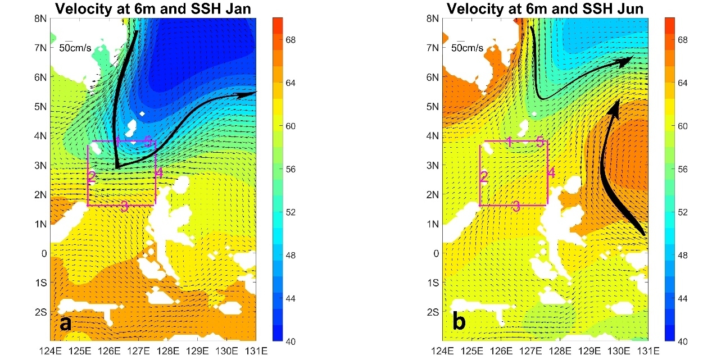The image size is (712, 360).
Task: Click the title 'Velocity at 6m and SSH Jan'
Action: click(x=153, y=8)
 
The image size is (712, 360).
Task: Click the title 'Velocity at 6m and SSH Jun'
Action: click(x=545, y=8)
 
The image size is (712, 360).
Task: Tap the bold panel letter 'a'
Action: click(x=65, y=323)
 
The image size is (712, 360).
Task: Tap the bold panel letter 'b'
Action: click(x=459, y=323)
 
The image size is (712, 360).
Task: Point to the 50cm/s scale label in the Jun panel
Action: click(x=467, y=48)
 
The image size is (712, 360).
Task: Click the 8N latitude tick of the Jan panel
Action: click(x=41, y=18)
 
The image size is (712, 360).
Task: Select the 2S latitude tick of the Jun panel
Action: click(x=433, y=312)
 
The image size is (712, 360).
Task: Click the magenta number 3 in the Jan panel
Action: click(x=124, y=207)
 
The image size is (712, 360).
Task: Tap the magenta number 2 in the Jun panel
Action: click(x=483, y=177)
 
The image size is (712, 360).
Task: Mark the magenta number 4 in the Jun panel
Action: click(x=551, y=173)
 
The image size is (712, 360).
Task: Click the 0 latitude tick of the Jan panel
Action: click(x=44, y=253)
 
